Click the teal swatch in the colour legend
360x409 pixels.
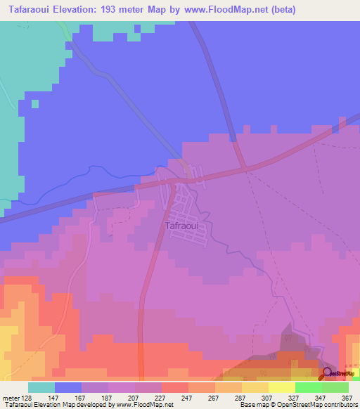41,387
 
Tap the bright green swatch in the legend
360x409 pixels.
309,387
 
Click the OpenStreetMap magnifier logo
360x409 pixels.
327,375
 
